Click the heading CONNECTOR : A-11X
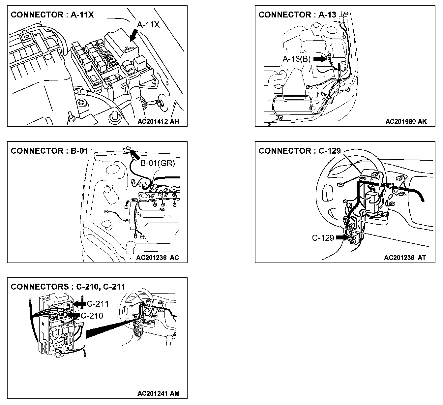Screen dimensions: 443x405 click(52, 15)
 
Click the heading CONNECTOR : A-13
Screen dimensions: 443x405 click(297, 15)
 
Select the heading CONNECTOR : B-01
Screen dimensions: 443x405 click(49, 151)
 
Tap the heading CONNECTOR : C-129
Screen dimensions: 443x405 click(300, 151)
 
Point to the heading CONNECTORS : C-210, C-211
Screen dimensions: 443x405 click(68, 287)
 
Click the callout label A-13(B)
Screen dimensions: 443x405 click(297, 59)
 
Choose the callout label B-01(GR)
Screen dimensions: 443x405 click(158, 163)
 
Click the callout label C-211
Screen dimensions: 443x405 click(98, 304)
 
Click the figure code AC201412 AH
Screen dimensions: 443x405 click(158, 121)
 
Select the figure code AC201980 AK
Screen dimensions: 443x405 click(406, 121)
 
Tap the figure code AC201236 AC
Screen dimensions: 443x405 click(158, 258)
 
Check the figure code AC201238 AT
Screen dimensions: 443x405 click(405, 258)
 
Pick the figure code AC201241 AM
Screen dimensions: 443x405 click(159, 393)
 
